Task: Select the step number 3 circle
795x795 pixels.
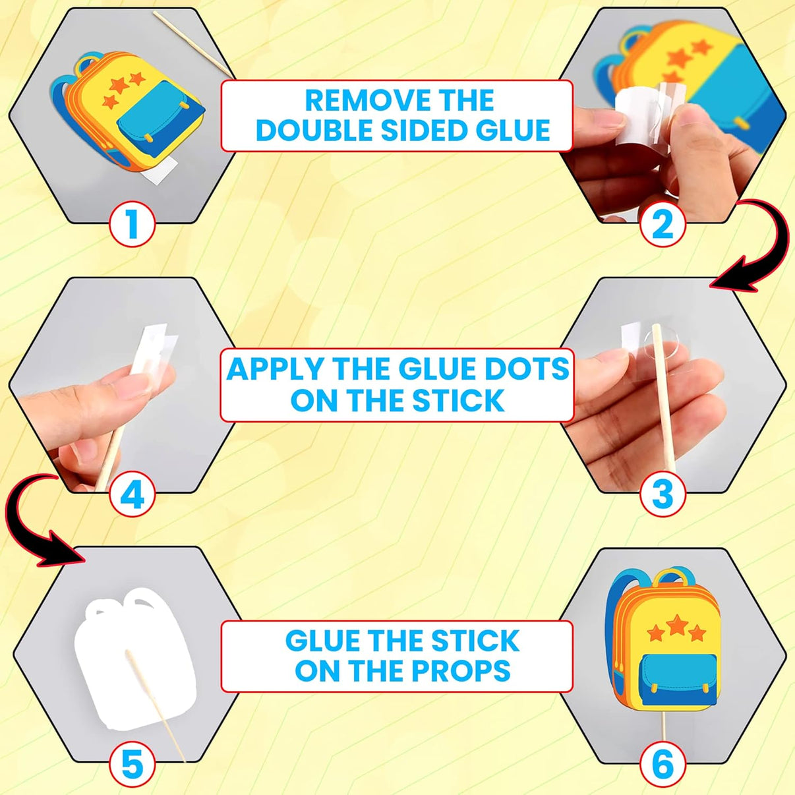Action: click(662, 494)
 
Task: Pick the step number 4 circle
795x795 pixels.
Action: click(132, 494)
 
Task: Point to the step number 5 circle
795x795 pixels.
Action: click(132, 763)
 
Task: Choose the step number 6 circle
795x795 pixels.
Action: click(662, 763)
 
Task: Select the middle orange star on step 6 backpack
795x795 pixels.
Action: click(676, 625)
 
